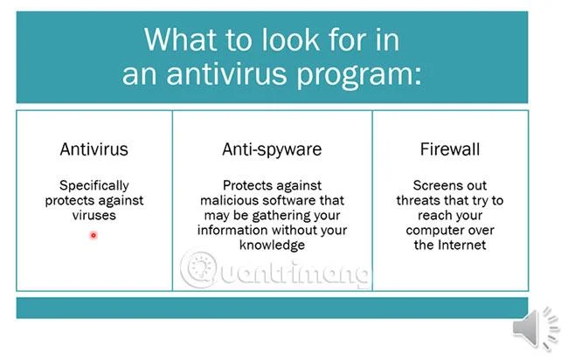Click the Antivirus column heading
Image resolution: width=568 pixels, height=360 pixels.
coord(94,149)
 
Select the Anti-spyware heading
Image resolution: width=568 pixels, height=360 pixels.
coord(272,150)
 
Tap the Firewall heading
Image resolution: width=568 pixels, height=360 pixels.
coord(450,149)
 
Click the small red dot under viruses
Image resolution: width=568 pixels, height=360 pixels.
coord(94,235)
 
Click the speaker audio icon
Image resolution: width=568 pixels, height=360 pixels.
coord(537,329)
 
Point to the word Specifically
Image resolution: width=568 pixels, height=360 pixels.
coord(94,186)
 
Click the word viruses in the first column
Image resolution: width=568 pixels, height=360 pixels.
coord(94,216)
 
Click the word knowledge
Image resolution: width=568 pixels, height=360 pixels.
coord(272,246)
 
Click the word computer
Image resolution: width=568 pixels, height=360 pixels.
coord(430,231)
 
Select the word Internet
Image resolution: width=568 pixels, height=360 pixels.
coord(462,246)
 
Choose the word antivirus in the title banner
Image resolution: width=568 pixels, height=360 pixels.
coord(227,73)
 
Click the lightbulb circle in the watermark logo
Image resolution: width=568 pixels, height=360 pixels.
coord(199,269)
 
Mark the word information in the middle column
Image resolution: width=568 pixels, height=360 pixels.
coord(233,230)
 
